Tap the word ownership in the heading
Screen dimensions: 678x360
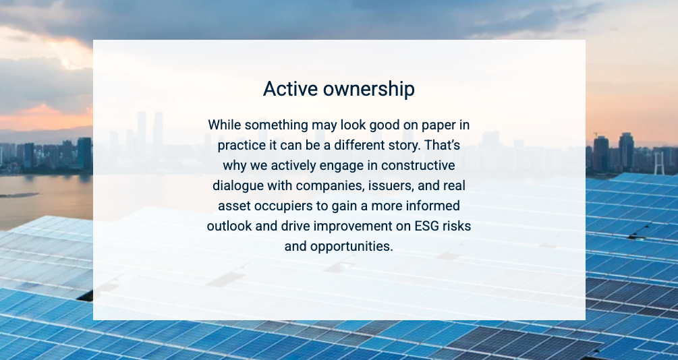coord(369,90)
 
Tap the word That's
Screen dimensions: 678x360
coord(443,145)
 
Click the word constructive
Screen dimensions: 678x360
coord(418,166)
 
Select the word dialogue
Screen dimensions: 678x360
coord(238,186)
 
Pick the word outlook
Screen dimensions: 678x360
coord(229,226)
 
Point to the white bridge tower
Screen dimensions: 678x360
coord(658,163)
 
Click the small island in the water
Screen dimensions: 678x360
coord(20,195)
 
